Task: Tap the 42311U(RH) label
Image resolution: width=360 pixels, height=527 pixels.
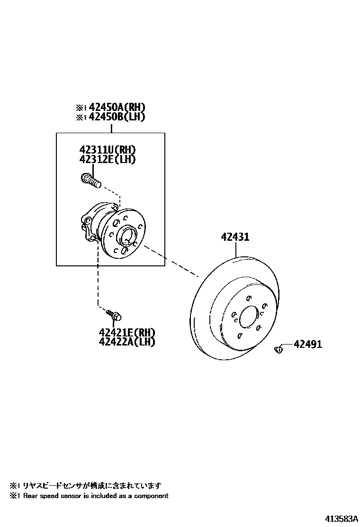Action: (x=108, y=150)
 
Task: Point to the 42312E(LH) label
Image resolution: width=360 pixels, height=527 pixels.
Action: (x=108, y=160)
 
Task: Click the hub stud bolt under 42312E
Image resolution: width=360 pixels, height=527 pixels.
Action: (x=91, y=180)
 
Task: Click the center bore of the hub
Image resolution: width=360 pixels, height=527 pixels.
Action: (x=126, y=236)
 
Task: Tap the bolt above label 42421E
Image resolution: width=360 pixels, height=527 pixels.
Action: (x=113, y=314)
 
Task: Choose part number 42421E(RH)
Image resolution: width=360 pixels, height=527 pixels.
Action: (x=127, y=332)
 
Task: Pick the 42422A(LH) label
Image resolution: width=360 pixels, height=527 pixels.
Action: (x=127, y=342)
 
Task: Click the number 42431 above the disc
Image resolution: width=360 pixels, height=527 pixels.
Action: (x=234, y=237)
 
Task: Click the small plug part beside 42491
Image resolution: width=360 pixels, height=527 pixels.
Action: (x=279, y=350)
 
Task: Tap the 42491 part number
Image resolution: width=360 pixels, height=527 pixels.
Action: (x=307, y=345)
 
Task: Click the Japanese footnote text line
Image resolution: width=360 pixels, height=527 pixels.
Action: (x=85, y=485)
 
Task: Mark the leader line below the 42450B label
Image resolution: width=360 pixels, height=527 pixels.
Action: (x=111, y=127)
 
